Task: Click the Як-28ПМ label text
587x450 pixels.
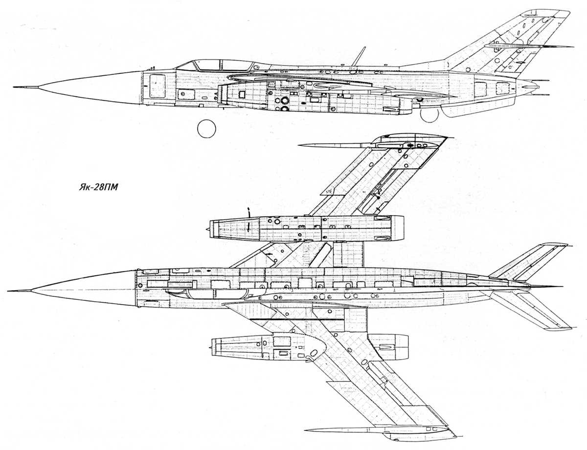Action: point(98,187)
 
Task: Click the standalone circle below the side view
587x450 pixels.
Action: point(206,129)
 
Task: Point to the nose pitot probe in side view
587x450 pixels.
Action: point(26,87)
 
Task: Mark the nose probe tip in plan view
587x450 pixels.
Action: point(9,291)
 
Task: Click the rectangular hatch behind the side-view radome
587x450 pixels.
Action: point(157,86)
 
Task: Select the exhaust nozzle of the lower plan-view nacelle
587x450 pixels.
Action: point(388,347)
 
